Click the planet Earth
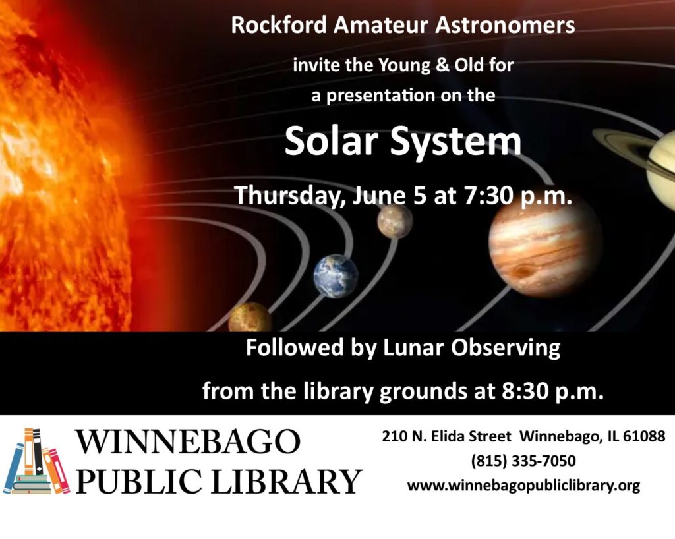336,276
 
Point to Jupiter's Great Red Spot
523,271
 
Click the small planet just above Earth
396,221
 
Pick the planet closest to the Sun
250,317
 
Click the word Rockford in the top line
279,25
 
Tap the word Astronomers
505,25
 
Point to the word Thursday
289,196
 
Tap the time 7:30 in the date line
488,196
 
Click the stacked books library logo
37,461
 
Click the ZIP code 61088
644,436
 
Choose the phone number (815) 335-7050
523,461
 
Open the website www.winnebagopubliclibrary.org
523,486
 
